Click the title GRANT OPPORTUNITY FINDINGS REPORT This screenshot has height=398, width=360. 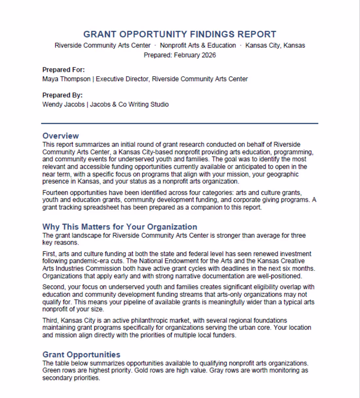click(180, 34)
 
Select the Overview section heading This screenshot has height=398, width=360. click(61, 136)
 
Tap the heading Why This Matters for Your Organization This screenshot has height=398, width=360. click(120, 227)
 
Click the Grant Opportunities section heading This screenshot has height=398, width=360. click(81, 354)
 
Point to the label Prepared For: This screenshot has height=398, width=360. click(63, 70)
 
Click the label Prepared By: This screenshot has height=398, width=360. click(63, 95)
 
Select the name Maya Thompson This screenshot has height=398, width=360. click(66, 79)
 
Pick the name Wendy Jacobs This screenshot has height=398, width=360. click(63, 104)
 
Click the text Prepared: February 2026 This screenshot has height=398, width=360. click(180, 55)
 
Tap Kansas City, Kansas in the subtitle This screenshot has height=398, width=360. click(275, 45)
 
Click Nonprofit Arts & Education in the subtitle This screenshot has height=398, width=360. click(198, 45)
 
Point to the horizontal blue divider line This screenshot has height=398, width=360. click(180, 123)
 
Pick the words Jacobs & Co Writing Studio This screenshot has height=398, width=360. click(129, 104)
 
